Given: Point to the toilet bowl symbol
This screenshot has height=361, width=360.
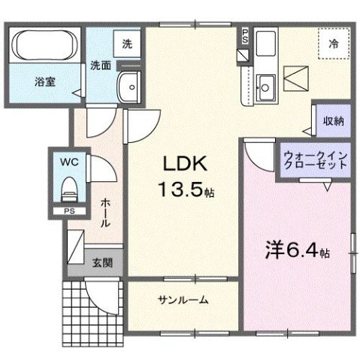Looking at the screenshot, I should (x=69, y=185).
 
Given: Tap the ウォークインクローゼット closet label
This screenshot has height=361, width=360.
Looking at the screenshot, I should (x=315, y=161).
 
